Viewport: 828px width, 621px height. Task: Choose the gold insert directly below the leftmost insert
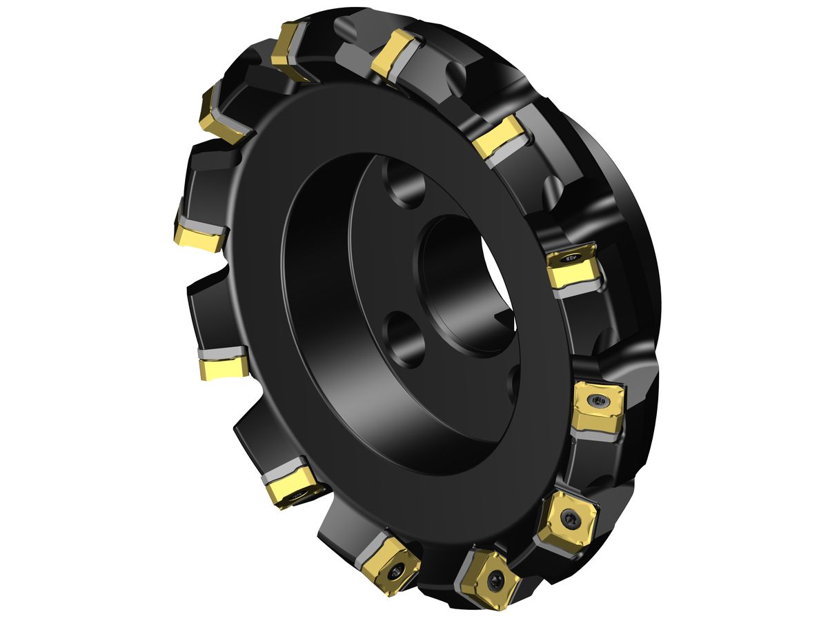pos(224,366)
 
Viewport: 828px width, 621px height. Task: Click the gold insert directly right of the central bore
pos(571,268)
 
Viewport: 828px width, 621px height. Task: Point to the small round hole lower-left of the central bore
pos(404,338)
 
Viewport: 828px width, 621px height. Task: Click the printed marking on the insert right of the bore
pos(570,257)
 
